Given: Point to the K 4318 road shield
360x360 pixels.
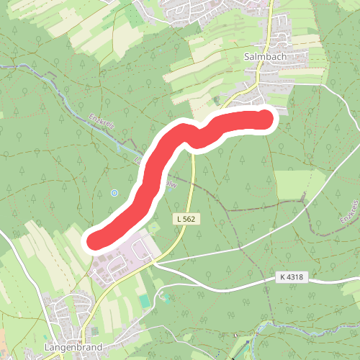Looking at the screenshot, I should [x=290, y=276].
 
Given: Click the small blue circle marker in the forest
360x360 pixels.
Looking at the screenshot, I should [x=114, y=193].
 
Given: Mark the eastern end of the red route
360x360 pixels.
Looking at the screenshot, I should [x=267, y=119].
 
